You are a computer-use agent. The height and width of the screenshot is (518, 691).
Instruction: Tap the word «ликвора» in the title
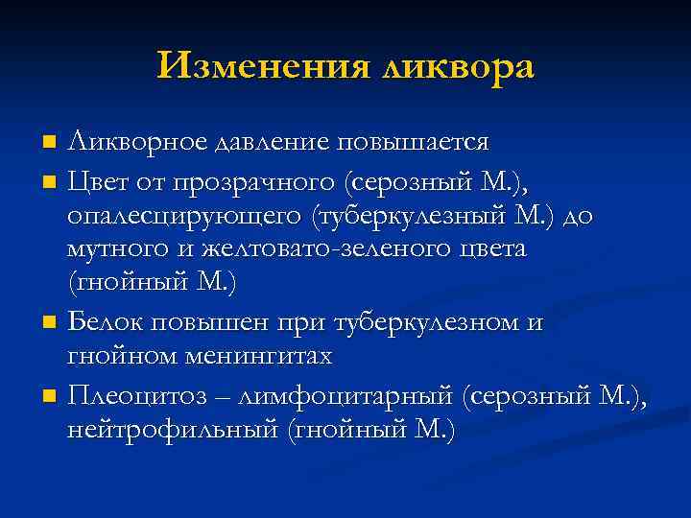456,66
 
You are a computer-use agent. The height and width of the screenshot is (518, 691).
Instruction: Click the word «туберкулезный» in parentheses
406,216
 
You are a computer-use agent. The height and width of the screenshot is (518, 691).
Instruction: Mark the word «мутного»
111,250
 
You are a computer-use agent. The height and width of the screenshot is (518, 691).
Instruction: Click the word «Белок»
107,322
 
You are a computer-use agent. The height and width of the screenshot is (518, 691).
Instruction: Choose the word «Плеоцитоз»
129,394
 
